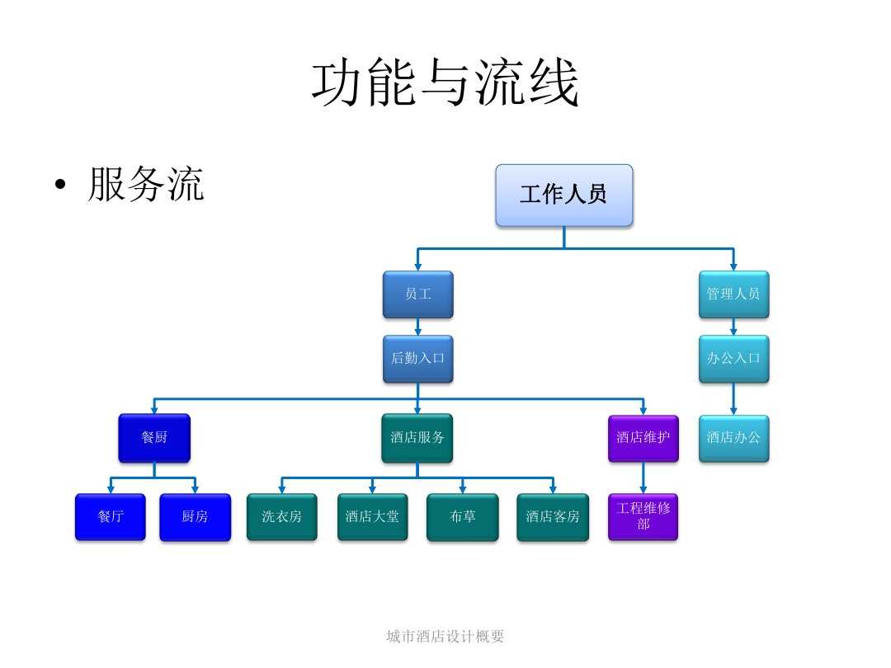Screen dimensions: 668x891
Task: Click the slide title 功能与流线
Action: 445,83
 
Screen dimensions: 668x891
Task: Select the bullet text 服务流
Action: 145,185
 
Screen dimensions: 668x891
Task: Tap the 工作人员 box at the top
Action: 563,195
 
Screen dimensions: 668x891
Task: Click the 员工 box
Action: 417,294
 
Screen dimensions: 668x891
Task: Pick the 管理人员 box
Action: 733,294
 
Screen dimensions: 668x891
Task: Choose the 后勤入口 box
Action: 417,358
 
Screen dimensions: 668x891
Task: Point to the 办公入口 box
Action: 733,358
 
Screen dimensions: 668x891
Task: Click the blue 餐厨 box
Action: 154,437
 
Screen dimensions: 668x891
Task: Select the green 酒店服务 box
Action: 417,437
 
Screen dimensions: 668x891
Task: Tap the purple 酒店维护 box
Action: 643,437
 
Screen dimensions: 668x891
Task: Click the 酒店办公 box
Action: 733,437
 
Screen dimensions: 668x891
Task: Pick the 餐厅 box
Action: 110,516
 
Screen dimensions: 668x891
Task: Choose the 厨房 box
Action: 195,516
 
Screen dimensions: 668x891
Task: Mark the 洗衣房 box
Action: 281,516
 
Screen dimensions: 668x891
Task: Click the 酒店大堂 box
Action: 372,516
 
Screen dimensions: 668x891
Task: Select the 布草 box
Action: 462,516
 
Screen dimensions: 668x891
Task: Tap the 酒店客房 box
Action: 553,516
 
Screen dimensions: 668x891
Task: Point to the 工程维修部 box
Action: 643,516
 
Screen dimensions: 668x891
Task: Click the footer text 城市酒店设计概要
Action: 445,636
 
